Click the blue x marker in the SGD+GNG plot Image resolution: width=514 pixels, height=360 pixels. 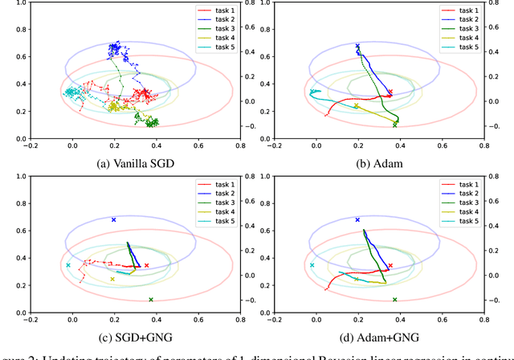(114, 219)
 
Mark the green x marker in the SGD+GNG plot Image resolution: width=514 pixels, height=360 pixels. (150, 300)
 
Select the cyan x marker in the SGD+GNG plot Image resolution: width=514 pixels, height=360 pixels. (68, 265)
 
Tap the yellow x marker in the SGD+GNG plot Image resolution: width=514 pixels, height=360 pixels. (112, 280)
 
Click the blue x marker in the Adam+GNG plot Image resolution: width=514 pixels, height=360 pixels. (357, 219)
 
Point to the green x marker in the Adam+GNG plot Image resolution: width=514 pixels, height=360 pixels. (394, 300)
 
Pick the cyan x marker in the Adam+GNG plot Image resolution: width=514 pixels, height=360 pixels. (312, 265)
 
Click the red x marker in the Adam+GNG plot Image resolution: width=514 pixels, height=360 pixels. (390, 265)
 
